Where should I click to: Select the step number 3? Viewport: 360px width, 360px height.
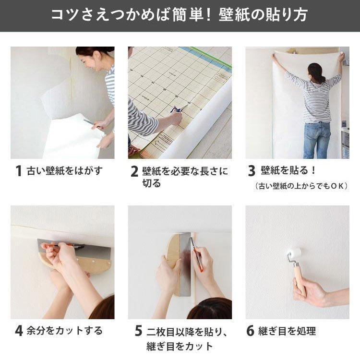(252, 171)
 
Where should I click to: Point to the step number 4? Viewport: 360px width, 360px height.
(19, 331)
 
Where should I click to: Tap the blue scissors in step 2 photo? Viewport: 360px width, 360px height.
(176, 109)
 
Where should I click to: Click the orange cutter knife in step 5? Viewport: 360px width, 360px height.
(197, 254)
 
